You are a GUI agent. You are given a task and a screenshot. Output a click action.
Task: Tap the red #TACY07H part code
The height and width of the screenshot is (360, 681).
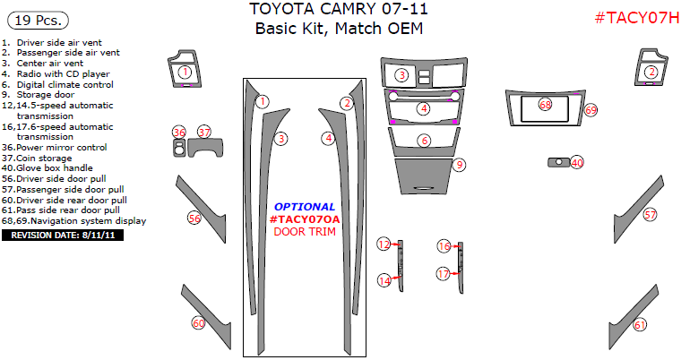coord(634,19)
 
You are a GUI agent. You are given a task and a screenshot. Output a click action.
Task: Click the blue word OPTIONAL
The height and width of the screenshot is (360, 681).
coord(305,207)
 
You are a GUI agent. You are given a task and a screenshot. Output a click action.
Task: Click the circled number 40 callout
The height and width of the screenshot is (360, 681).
coord(577,163)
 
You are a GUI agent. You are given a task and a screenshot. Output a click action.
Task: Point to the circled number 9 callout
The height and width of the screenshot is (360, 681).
coord(459,165)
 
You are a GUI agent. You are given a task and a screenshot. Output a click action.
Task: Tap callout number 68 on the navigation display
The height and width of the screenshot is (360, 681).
coord(545,106)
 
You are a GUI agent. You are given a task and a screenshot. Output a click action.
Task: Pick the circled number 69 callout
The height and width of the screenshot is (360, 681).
coord(590,110)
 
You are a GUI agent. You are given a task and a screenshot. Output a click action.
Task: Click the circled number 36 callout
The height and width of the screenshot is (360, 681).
coord(179,133)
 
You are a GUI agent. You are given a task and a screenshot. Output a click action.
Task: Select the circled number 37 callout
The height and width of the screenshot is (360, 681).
coord(204,133)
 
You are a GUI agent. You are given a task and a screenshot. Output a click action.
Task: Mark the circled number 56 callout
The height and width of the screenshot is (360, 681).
coord(194,218)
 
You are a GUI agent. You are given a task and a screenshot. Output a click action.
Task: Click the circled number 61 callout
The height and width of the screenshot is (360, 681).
coord(639,325)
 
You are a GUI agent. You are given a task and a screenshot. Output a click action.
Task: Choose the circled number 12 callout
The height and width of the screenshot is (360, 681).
coord(384,244)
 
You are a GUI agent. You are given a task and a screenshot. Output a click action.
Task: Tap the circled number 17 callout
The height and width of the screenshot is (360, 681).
coord(443,273)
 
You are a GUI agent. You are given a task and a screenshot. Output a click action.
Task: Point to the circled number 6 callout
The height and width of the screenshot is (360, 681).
coord(424,141)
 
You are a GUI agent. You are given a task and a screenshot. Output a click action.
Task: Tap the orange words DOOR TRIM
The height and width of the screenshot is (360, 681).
coord(305,231)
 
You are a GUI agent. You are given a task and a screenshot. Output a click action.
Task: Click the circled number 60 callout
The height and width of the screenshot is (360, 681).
coord(198,323)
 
